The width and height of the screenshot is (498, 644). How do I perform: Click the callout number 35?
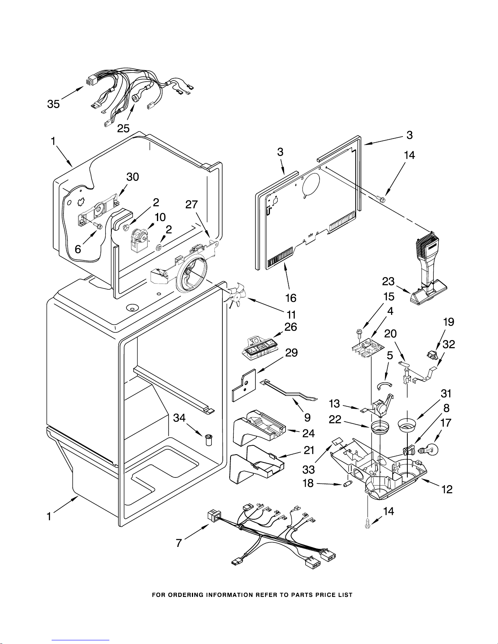53,104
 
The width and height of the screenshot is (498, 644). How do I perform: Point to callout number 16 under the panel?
291,298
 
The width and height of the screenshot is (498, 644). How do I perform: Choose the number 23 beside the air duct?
388,281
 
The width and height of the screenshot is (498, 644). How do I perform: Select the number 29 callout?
291,353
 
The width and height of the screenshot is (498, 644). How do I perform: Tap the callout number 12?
446,489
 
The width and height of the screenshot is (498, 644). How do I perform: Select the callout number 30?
133,177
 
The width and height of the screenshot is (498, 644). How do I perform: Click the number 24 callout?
309,433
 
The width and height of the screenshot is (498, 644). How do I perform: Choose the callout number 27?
191,205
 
